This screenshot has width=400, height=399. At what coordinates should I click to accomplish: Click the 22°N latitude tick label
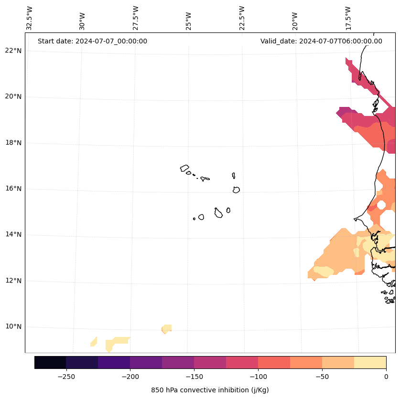14,51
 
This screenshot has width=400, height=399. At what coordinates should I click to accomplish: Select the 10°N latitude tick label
14,327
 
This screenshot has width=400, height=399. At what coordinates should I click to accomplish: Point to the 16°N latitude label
14,189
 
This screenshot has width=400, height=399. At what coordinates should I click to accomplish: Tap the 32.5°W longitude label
30,18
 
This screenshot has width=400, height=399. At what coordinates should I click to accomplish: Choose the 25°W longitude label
189,21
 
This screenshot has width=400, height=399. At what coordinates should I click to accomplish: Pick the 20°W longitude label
295,21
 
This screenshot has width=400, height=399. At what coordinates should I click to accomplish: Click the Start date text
92,41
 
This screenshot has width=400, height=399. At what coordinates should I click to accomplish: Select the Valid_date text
321,41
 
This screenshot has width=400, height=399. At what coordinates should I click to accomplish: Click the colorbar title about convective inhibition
210,390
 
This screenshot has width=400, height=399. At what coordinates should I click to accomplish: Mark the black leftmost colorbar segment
50,363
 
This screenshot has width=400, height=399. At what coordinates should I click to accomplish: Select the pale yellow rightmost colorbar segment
370,363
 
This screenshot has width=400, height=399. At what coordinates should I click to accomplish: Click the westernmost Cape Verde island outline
184,168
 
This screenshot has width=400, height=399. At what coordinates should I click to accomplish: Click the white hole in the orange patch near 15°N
381,205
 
